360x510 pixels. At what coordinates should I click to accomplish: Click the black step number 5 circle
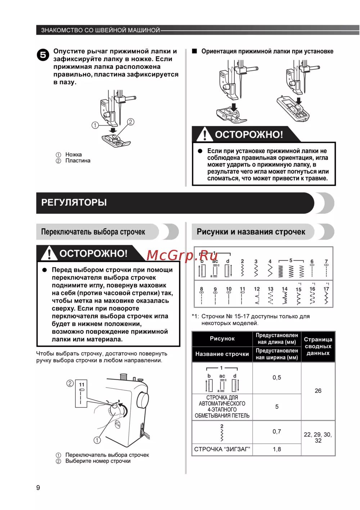click(43, 55)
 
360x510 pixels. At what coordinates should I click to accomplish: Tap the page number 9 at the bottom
click(38, 488)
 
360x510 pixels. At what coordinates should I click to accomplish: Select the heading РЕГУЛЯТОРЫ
click(74, 203)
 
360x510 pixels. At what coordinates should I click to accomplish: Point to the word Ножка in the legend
click(73, 155)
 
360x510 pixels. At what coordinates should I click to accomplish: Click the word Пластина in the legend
click(78, 161)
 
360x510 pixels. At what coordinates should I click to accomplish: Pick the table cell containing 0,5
click(276, 378)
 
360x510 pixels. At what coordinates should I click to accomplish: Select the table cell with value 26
click(318, 391)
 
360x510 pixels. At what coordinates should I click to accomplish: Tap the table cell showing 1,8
click(276, 449)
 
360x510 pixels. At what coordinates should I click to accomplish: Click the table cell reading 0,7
click(276, 432)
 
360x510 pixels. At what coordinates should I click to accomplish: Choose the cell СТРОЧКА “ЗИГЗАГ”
click(222, 449)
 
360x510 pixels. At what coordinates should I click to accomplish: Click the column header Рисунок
click(222, 339)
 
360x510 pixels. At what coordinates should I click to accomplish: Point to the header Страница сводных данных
click(318, 346)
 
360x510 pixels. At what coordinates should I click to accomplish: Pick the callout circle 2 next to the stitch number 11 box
click(70, 384)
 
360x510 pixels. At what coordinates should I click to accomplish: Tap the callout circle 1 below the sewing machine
click(97, 440)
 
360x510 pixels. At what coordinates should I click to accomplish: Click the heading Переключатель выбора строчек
click(93, 232)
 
